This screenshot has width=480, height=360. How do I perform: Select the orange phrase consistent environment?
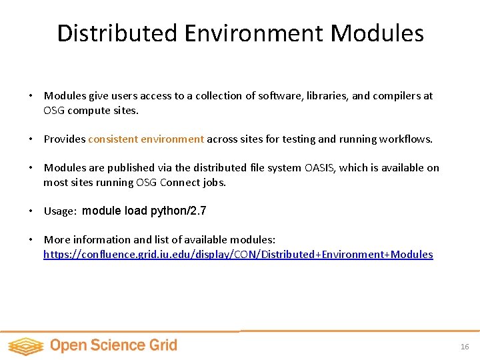coord(146,139)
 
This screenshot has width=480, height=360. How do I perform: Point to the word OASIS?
coord(322,168)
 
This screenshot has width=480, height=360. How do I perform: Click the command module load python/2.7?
coord(144,211)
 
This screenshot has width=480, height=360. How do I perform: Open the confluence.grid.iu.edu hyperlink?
coord(238,255)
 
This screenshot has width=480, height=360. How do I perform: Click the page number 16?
coord(465,347)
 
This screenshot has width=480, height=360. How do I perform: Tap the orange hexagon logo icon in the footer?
coord(25,345)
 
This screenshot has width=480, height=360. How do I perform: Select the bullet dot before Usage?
coord(31,211)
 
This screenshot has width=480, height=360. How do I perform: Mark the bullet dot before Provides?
coord(31,139)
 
